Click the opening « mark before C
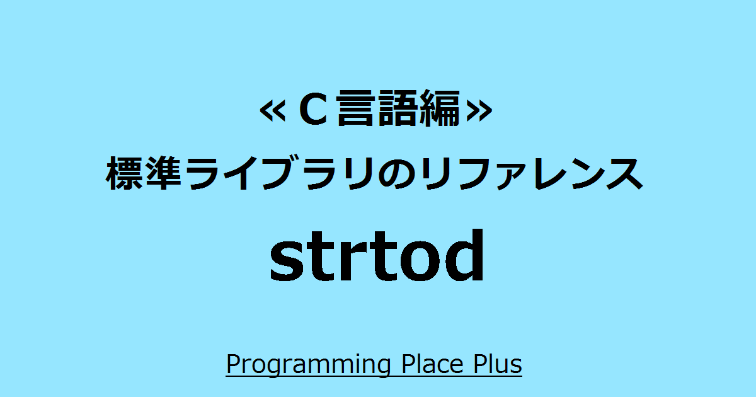(x=272, y=111)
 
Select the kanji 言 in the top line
(x=357, y=111)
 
